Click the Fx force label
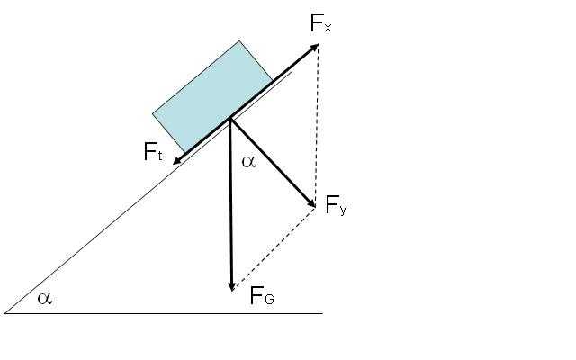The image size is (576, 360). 320,23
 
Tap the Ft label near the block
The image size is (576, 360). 153,152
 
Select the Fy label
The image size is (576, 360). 336,205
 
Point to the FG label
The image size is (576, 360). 262,295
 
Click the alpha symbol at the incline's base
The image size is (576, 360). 45,298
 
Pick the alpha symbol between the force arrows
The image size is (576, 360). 249,162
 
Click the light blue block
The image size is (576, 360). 212,96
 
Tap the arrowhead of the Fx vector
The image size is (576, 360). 314,47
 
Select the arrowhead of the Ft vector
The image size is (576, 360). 176,161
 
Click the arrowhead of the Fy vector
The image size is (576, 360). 311,204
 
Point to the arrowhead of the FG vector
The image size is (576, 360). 231,286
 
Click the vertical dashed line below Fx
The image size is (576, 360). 316,125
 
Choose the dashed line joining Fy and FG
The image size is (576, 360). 274,248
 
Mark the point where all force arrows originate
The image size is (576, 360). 230,119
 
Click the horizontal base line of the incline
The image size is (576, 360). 164,313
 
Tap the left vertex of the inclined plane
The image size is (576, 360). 4,313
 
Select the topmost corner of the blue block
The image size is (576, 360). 239,40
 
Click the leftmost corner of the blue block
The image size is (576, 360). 153,114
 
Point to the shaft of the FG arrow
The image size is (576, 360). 231,202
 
